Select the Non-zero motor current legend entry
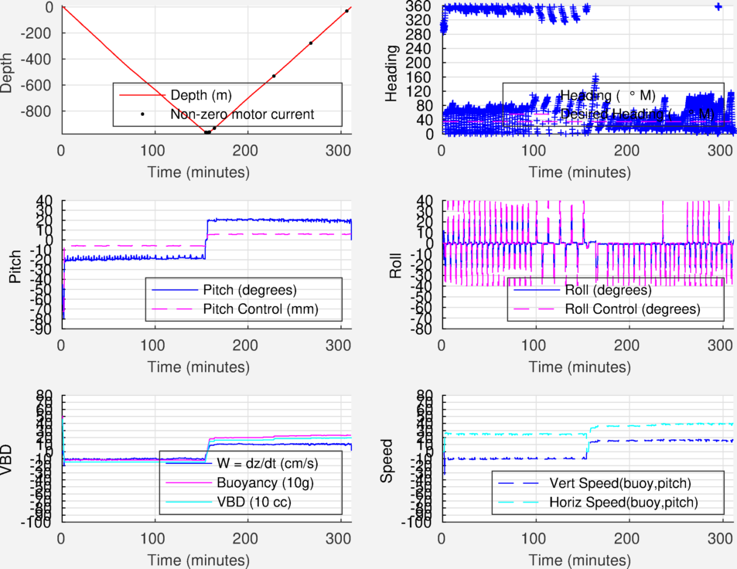point(241,114)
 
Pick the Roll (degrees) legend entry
point(608,291)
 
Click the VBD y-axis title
point(8,460)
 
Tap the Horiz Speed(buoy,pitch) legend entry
point(623,503)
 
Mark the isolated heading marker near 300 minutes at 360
point(718,6)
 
